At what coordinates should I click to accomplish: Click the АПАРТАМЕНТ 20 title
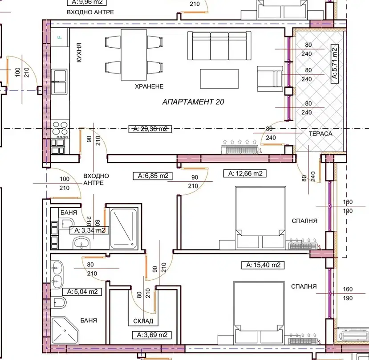193,102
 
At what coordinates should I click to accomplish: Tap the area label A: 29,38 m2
150,129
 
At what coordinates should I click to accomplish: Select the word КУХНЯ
79,52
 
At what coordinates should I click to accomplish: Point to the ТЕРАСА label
320,134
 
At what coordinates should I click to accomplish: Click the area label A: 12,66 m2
245,173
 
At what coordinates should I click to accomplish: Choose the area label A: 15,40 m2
263,265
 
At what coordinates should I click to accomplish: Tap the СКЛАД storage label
143,321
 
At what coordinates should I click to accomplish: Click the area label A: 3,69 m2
152,335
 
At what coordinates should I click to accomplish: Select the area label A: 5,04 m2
82,292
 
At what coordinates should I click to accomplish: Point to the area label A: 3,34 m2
89,230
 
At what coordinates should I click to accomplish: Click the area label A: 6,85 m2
153,176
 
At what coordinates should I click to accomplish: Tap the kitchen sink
59,82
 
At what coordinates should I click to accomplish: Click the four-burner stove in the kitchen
60,129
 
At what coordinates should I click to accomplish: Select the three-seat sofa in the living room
219,45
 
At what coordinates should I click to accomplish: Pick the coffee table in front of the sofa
219,79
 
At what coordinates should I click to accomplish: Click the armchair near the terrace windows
270,79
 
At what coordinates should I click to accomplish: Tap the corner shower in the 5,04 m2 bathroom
65,330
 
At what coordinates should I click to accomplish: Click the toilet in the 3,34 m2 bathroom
66,223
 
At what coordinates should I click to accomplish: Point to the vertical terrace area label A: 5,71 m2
335,64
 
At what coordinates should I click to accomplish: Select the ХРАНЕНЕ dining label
149,86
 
